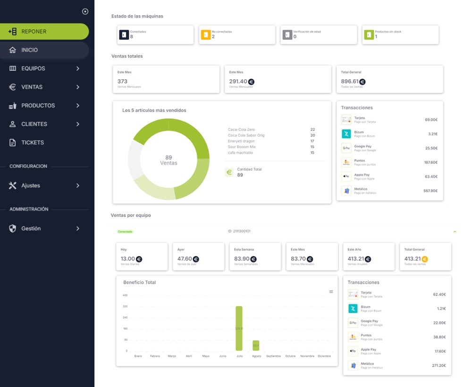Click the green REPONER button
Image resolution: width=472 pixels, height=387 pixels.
coord(44,32)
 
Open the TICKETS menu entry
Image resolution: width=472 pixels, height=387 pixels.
coord(32,143)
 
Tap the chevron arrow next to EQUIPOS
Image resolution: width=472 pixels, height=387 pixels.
coord(78,68)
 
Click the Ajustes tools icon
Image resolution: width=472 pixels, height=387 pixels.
coord(13,185)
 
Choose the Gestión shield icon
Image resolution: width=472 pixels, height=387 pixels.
coord(13,228)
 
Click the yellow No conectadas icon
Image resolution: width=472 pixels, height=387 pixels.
coord(206,35)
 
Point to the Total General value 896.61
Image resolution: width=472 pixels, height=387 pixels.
coord(350,82)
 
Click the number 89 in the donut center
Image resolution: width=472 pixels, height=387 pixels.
coord(169,158)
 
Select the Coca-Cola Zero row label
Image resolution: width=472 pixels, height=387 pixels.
coord(241,129)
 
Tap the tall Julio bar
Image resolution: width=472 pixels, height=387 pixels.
coord(239,328)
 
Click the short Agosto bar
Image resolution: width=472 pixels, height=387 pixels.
coord(256,345)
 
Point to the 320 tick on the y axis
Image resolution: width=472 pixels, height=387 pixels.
coord(125,306)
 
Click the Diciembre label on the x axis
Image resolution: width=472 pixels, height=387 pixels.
coord(324,356)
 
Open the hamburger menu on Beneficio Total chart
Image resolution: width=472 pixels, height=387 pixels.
coord(331,292)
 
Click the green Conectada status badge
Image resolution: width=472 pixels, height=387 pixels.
coord(125,232)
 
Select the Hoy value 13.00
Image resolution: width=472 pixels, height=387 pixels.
coord(127,259)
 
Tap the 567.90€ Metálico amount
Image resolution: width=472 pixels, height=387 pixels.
coord(430,191)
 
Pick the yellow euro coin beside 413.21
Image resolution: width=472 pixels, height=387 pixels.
coord(425,259)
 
